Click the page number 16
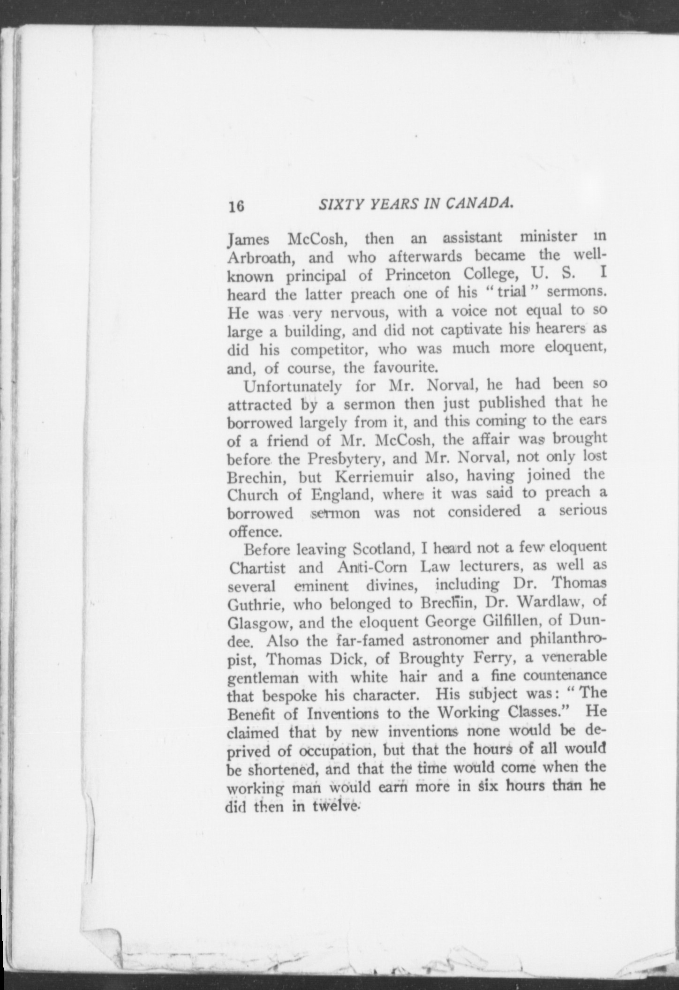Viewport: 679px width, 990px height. coord(235,206)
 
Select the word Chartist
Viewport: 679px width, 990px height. coord(257,568)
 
